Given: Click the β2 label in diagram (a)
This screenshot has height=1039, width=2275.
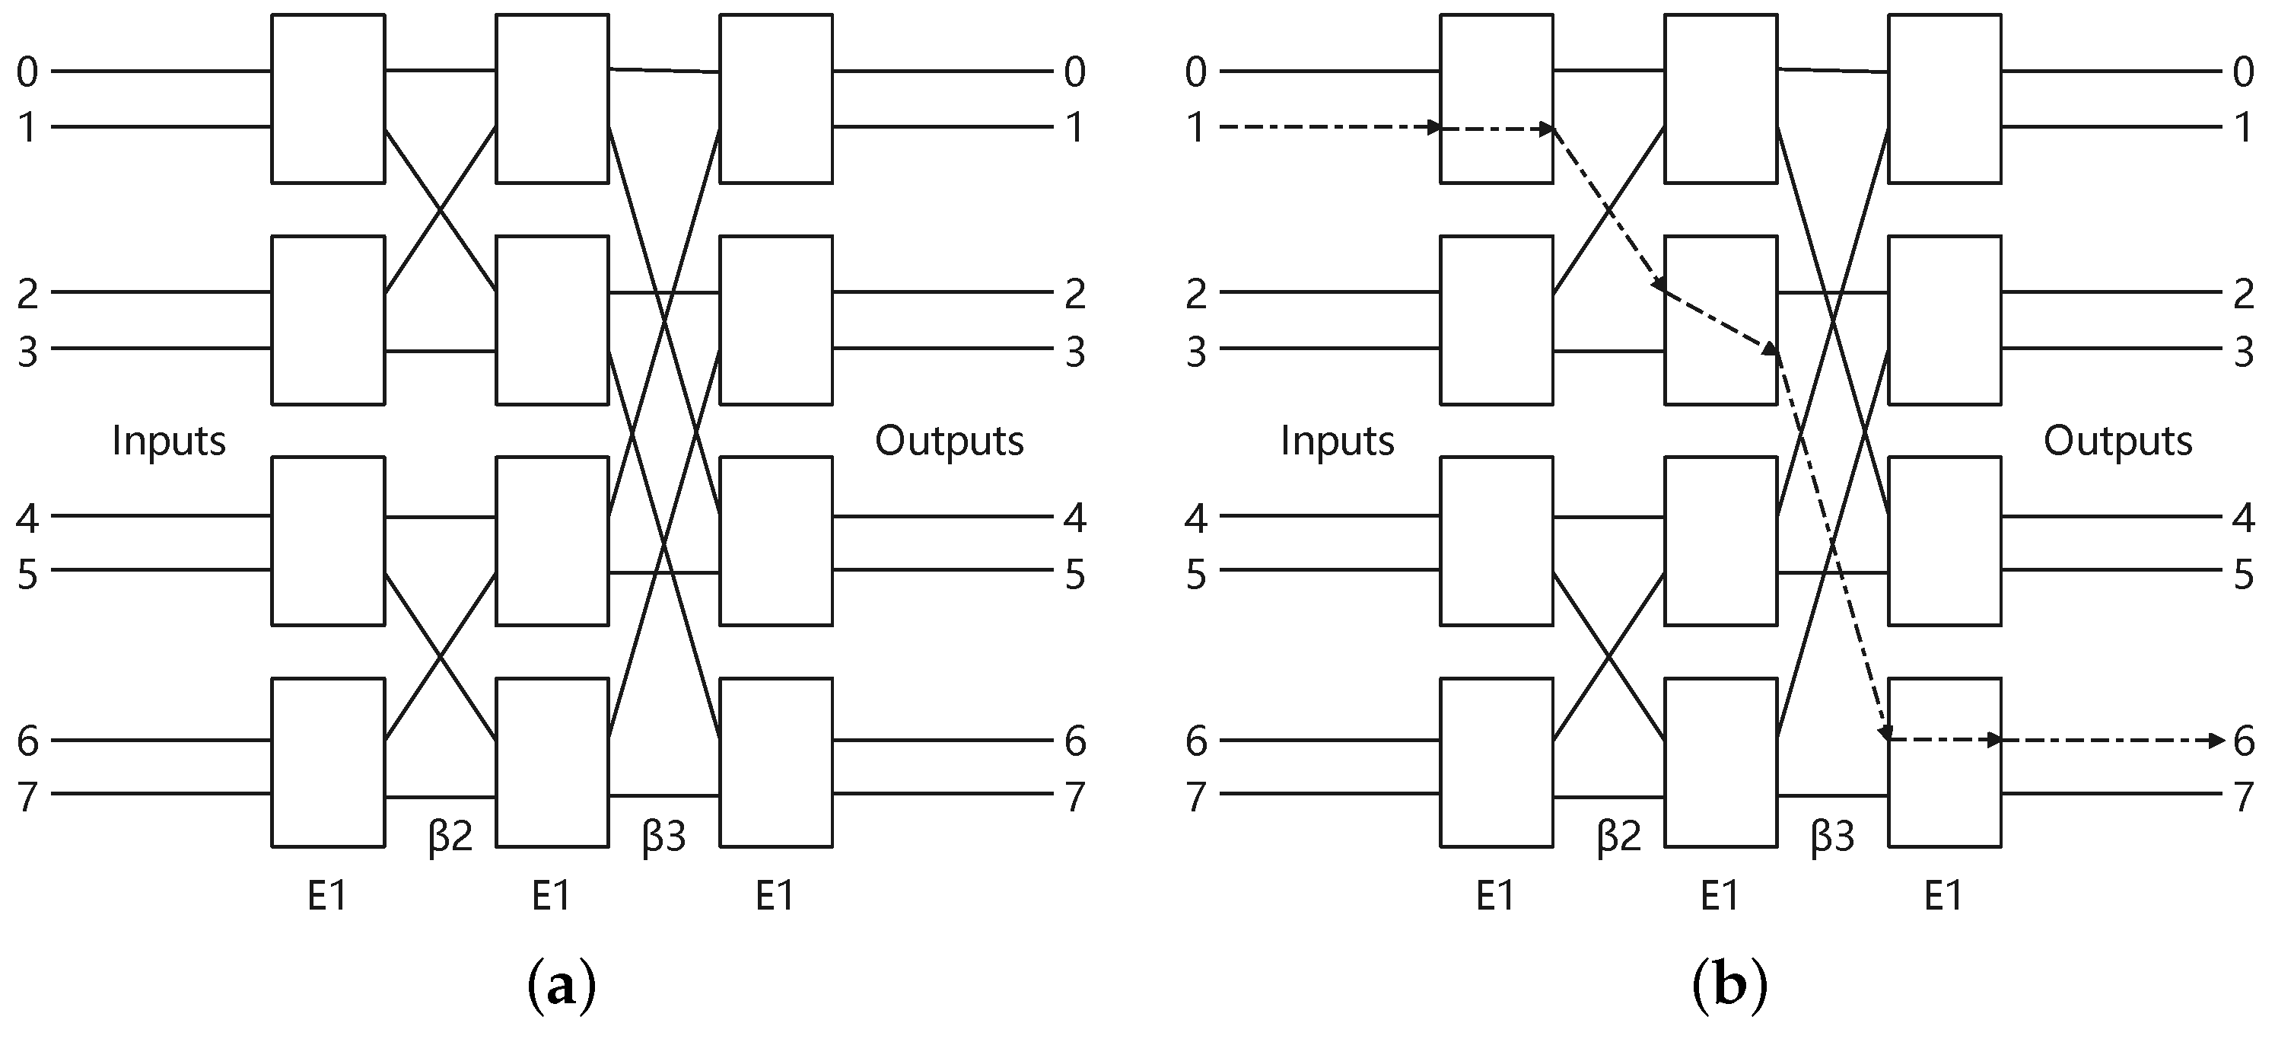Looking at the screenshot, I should coord(450,836).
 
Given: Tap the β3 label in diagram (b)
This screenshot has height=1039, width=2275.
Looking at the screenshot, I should coord(1832,836).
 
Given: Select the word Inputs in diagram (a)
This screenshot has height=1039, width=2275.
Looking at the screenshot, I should coord(169,440).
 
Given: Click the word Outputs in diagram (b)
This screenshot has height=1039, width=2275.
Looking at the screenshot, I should coord(2117,440).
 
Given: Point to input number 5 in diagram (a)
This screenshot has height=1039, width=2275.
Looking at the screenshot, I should coord(27,574).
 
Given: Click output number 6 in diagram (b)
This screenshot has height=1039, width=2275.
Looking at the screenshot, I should coord(2244,741).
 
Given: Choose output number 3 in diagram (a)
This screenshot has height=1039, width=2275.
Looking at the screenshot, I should coord(1074,352).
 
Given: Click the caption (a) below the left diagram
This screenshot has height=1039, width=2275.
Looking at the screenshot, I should coord(561,988).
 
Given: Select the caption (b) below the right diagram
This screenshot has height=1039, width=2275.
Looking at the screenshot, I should coord(1729,988).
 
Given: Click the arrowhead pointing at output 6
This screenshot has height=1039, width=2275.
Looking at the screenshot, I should coord(2216,741).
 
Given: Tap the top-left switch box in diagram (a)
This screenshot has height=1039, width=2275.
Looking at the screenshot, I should coord(328,98).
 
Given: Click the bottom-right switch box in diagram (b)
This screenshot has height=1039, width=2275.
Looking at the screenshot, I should coord(1944,763).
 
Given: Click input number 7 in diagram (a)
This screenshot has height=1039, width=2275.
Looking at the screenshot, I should coord(27,797).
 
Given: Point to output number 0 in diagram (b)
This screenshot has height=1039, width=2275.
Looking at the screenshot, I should coord(2244,72).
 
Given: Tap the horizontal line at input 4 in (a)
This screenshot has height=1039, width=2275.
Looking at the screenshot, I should coord(159,517).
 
